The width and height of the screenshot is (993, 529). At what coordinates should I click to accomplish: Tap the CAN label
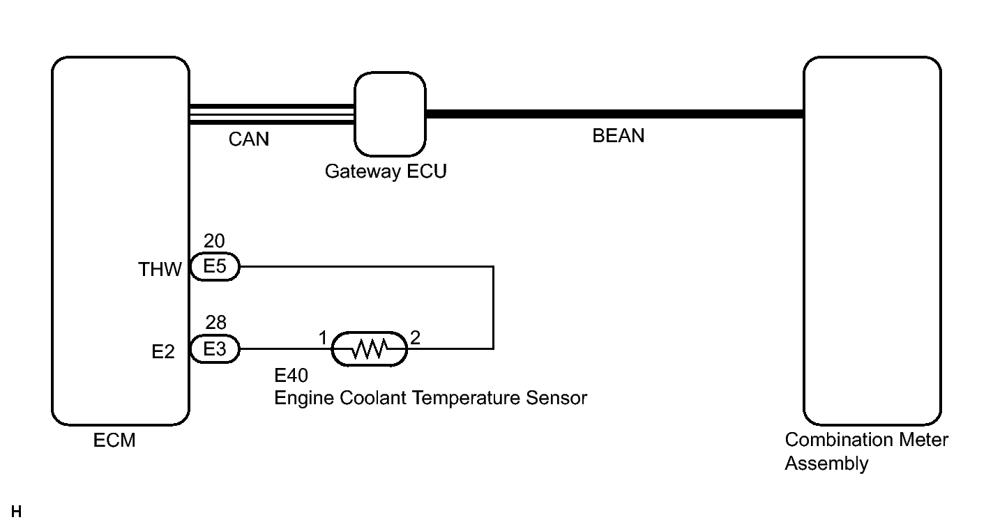[x=249, y=139]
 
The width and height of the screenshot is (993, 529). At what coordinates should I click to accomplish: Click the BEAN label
[x=619, y=136]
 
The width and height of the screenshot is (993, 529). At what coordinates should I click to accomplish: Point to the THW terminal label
[x=160, y=269]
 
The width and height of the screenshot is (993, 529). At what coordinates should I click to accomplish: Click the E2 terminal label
[x=163, y=352]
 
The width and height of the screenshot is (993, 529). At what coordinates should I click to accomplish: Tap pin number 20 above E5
[x=214, y=241]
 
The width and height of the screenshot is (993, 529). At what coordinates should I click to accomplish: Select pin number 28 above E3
[x=216, y=323]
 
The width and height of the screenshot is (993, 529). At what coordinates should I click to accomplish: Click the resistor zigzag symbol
[x=370, y=348]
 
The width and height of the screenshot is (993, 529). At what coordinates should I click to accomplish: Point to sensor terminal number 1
[x=323, y=338]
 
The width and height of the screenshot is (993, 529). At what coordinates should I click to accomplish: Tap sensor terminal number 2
[x=416, y=338]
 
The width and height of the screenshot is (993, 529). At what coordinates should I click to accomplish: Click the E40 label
[x=291, y=376]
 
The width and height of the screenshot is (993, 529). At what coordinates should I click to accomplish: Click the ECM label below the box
[x=114, y=440]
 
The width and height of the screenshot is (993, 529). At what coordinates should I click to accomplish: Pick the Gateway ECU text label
[x=386, y=171]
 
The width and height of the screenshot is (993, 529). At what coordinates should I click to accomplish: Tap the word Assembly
[x=827, y=464]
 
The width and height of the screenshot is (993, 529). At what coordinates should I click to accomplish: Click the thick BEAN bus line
[x=615, y=114]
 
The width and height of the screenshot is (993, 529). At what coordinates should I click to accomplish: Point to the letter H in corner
[x=17, y=512]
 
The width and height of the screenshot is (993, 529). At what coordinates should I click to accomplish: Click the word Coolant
[x=373, y=398]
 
